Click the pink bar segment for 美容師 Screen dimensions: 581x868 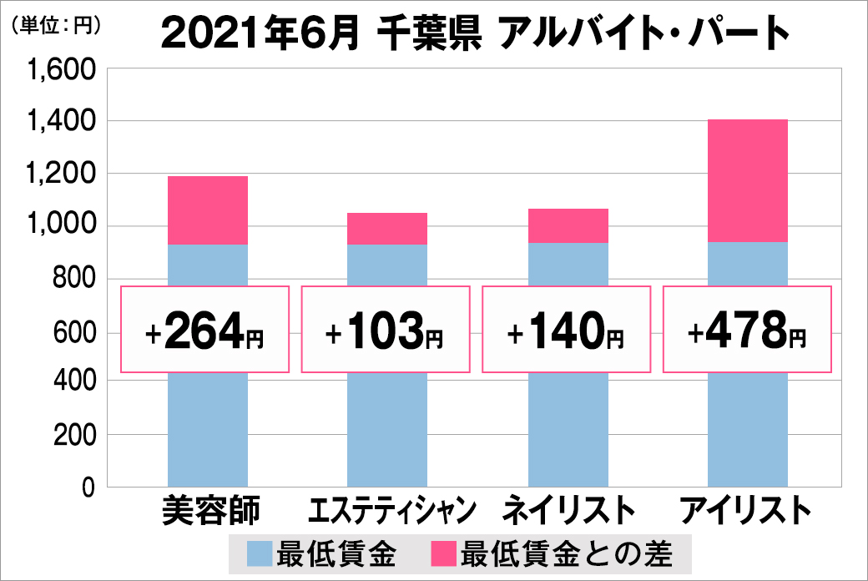[208, 210]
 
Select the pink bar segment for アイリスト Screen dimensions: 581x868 [747, 180]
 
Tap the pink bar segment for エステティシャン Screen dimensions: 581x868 [387, 229]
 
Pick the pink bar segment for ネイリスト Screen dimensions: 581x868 [568, 225]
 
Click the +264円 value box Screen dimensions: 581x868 [205, 331]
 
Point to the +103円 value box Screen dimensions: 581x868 [386, 331]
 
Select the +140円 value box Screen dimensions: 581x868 [567, 331]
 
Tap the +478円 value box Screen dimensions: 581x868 [747, 331]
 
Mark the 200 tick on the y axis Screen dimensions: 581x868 [74, 435]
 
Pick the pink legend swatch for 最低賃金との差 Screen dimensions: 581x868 [442, 554]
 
